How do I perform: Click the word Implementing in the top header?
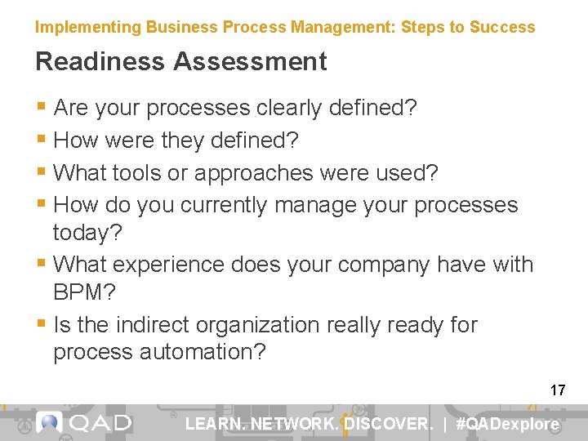[88, 27]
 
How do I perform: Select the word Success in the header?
[503, 27]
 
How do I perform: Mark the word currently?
[223, 204]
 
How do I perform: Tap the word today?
[87, 233]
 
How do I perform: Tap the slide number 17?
[558, 390]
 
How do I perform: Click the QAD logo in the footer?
[85, 423]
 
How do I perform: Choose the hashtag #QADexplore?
[507, 424]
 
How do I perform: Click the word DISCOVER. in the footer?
[388, 424]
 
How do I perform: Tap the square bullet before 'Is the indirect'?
[42, 324]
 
